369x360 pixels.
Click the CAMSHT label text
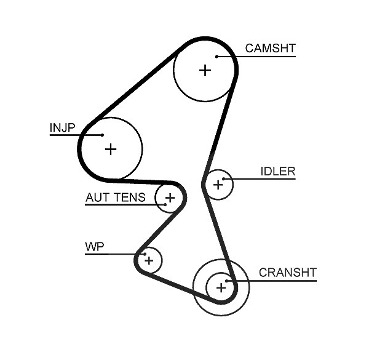[270, 48]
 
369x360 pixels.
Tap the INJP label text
[62, 127]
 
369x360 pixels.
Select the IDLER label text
[278, 171]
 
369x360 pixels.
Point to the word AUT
[96, 198]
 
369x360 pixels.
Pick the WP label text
[94, 247]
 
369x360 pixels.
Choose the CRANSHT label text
[288, 273]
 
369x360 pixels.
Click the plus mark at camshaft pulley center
[205, 70]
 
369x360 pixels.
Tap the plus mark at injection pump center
[111, 150]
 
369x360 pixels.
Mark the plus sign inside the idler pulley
[218, 185]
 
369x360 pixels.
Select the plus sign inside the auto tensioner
[170, 198]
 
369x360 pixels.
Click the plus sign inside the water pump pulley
[149, 261]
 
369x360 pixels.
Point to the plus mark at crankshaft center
[221, 288]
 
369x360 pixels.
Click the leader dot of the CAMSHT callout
[216, 57]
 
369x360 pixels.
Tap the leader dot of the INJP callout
[102, 135]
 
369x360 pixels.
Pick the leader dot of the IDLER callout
[224, 179]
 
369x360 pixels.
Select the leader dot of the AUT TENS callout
[165, 204]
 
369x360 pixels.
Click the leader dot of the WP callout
[145, 254]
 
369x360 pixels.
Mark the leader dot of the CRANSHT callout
[226, 281]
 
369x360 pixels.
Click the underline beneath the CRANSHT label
[272, 281]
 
